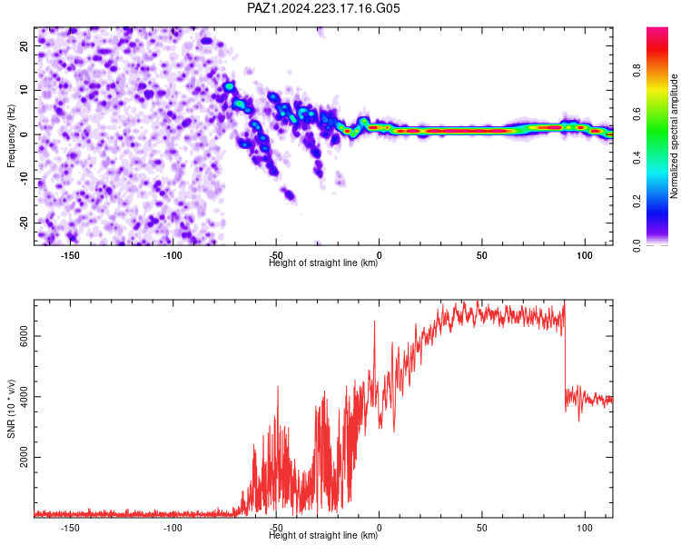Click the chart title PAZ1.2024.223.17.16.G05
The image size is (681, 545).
point(323,8)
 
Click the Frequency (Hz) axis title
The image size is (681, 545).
point(11,136)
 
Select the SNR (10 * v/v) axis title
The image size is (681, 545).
point(11,409)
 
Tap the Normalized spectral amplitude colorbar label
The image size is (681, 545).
point(674,136)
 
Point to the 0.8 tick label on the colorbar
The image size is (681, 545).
point(637,70)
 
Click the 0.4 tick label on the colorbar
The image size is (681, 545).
point(637,158)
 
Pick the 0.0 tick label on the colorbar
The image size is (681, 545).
point(637,245)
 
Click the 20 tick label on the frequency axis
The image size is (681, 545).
point(25,46)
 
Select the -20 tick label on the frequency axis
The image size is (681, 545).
point(25,223)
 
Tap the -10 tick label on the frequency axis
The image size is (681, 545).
point(25,179)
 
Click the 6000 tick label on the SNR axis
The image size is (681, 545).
point(25,336)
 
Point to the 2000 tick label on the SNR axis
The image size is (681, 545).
point(25,457)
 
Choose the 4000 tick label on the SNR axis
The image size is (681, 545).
point(25,397)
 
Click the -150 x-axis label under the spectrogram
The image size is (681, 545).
point(70,255)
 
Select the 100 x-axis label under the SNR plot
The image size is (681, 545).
point(585,528)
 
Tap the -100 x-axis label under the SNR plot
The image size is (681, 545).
point(173,528)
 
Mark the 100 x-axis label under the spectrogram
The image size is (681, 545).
point(585,255)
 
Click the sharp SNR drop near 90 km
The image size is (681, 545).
point(565,356)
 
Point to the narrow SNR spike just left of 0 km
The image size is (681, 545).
point(374,343)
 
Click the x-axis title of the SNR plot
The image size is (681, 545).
point(323,535)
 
